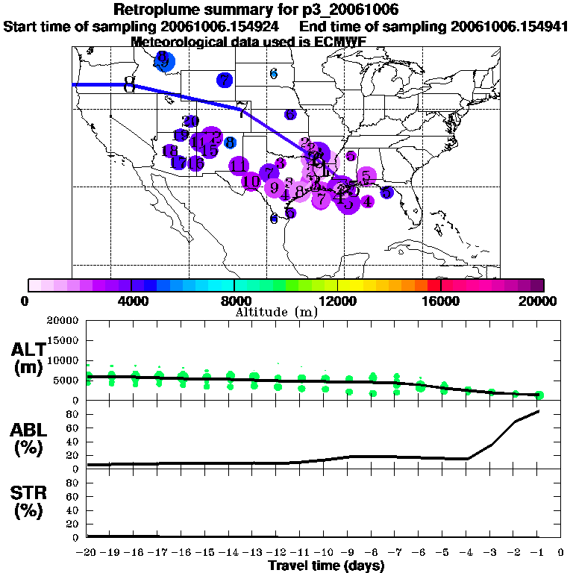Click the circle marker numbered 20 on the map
(191, 121)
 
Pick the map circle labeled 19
(181, 135)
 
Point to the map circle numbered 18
(170, 151)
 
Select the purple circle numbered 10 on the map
(251, 181)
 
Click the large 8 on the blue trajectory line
(130, 84)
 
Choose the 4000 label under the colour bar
(131, 301)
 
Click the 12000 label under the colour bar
(338, 301)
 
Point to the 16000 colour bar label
(441, 301)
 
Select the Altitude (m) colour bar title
(277, 312)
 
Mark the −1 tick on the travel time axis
(536, 552)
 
